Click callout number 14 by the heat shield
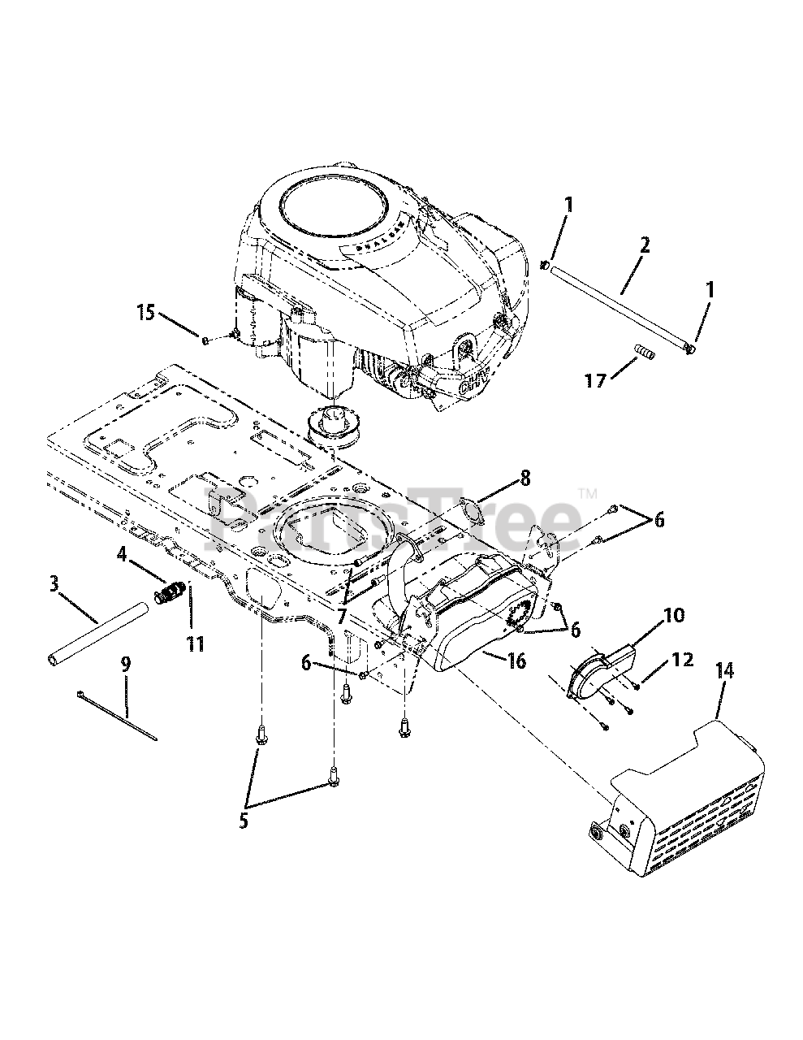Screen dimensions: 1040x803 coord(725,670)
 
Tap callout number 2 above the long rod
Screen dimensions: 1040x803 coord(644,245)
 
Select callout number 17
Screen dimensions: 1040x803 coord(595,380)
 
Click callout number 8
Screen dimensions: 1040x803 coord(525,478)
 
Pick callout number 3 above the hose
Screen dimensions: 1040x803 coord(54,583)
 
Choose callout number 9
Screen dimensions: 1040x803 coord(125,665)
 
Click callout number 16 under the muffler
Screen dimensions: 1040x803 coord(517,661)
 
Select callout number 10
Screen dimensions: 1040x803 coord(673,614)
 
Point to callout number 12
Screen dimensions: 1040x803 coord(683,660)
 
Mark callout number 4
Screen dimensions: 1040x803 coord(122,556)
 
